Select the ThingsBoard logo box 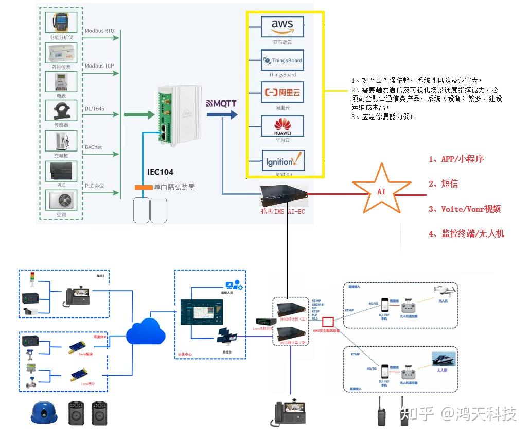point(282,61)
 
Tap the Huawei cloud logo point(282,126)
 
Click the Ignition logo point(282,161)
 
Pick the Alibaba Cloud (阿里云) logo point(282,93)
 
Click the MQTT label point(221,103)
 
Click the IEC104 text point(161,172)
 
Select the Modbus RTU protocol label point(99,31)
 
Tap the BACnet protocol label point(94,147)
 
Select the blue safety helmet point(43,412)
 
